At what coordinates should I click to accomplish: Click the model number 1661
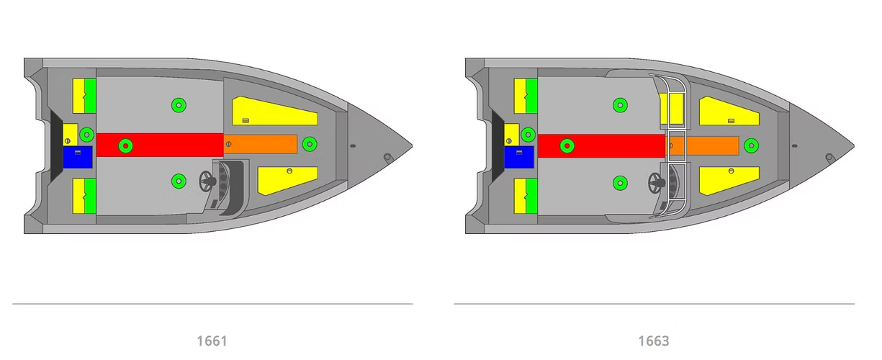click(x=212, y=341)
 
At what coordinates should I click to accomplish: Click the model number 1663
click(x=654, y=341)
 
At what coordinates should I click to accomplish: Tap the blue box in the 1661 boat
click(x=78, y=157)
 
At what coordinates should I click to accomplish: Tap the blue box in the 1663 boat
click(x=519, y=157)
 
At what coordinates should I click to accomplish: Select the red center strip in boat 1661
click(x=160, y=145)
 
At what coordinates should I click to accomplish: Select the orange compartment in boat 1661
click(x=260, y=144)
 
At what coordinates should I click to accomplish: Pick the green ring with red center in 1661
click(x=125, y=145)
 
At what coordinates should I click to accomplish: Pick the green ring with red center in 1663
click(x=567, y=145)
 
